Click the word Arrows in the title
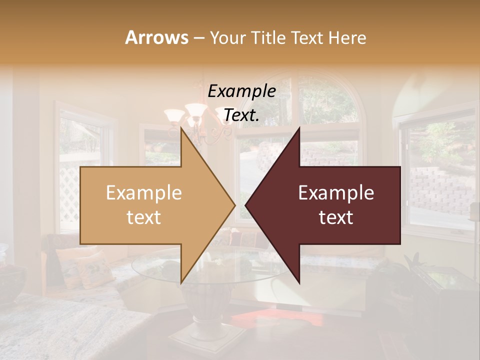156,37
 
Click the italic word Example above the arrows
241,91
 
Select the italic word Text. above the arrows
241,115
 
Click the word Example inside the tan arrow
144,193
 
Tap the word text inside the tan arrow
144,217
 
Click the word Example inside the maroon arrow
336,193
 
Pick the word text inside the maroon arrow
336,217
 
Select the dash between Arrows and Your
198,38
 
